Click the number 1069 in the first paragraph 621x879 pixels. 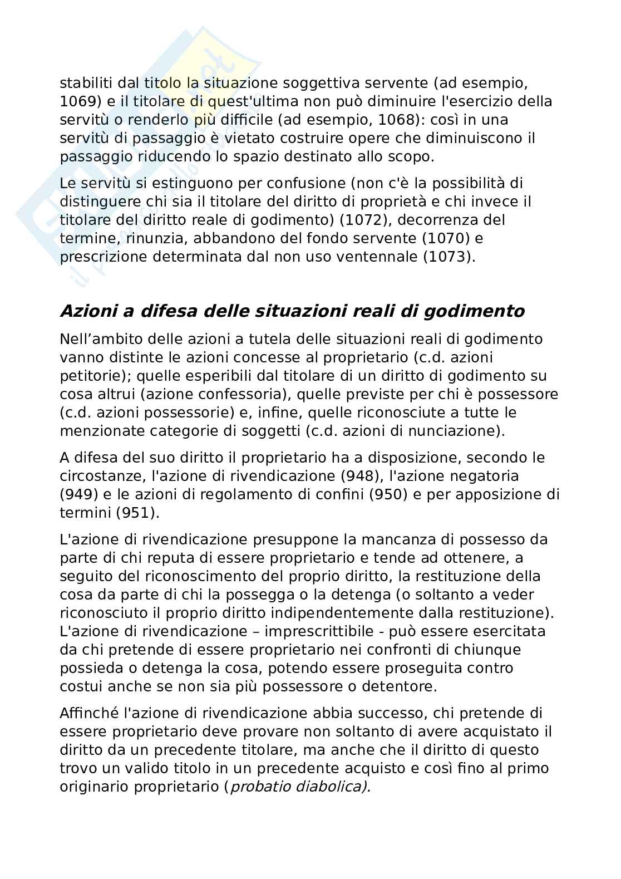click(78, 102)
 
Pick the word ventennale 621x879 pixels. click(362, 257)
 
